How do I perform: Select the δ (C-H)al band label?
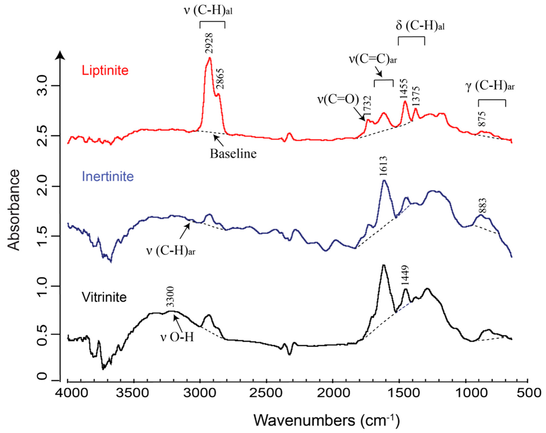tap(412, 26)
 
